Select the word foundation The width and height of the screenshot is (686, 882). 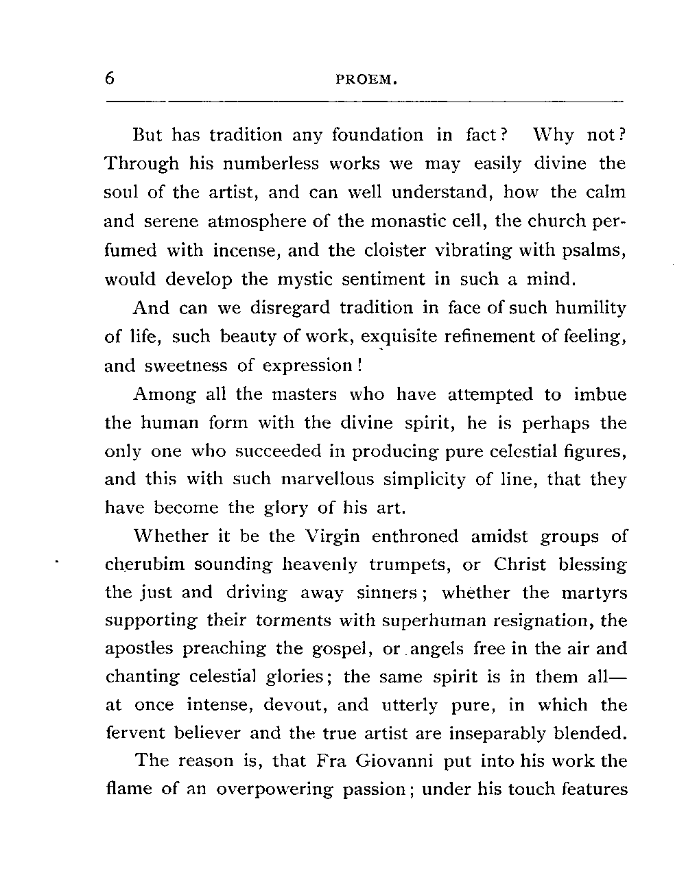point(377,134)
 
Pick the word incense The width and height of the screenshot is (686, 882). point(247,250)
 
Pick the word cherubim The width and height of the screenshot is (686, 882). point(145,564)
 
